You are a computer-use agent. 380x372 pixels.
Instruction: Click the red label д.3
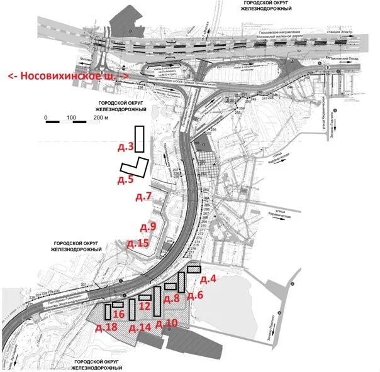pos(126,147)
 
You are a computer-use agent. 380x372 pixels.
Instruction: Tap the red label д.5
pos(126,179)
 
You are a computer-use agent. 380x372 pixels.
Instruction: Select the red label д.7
pos(143,197)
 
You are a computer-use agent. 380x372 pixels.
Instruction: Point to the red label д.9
pos(148,226)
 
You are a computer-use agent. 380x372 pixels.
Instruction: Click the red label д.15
pos(138,243)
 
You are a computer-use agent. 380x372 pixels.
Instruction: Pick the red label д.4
pos(208,278)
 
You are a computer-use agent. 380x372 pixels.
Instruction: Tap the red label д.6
pos(196,295)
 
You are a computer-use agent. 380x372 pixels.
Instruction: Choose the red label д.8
pos(172,298)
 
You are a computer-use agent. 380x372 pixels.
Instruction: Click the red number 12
pos(145,306)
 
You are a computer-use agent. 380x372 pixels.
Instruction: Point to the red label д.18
pos(106,327)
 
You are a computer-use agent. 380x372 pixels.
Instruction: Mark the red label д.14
pos(139,327)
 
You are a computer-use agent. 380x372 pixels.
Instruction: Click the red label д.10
pos(166,323)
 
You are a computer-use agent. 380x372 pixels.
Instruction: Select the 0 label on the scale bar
pos(46,118)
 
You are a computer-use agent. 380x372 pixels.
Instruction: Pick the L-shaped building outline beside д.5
pos(135,167)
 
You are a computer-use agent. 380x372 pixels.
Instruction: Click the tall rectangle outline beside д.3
pos(139,138)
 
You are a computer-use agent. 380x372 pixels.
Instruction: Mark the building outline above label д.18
pos(108,312)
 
